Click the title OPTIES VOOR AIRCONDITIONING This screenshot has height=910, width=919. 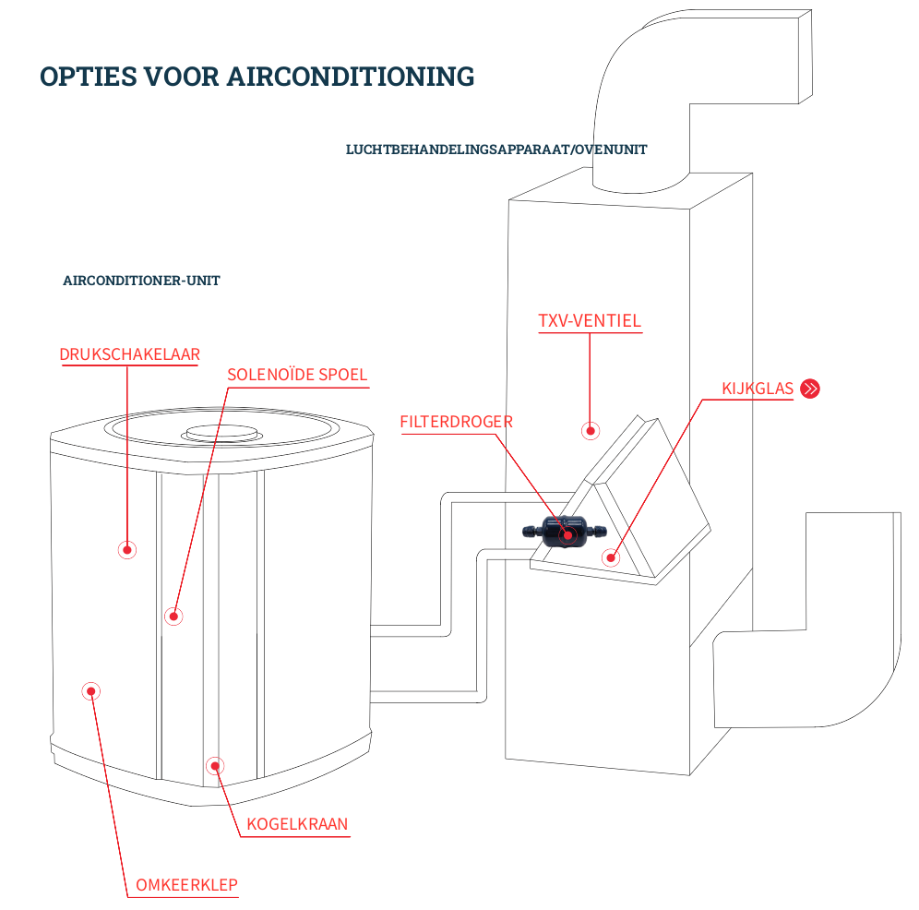257,77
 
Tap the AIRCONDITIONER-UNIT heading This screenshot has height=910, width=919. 141,281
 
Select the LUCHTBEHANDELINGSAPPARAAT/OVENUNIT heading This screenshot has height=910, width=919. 496,150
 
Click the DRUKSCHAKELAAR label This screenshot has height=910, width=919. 129,354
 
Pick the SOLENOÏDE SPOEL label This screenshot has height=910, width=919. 297,375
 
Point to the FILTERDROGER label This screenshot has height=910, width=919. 456,422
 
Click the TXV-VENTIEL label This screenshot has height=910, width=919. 590,321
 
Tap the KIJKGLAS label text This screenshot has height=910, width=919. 758,389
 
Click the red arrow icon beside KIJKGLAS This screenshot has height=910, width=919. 810,389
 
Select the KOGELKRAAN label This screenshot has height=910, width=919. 297,824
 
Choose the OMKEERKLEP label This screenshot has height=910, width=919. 186,885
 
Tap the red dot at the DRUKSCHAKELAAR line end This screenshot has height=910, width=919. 127,550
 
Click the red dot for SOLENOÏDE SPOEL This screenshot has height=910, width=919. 173,616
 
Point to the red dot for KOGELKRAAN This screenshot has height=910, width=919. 215,765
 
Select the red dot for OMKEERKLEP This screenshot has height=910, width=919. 90,690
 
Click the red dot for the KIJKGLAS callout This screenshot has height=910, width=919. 610,557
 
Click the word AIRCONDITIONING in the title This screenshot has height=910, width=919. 351,77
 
